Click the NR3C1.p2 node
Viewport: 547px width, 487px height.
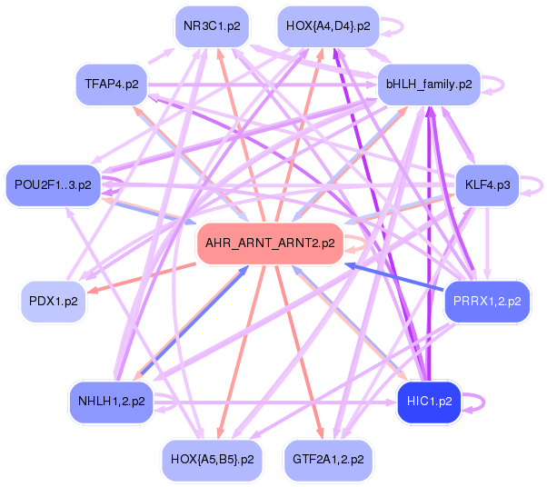pos(212,25)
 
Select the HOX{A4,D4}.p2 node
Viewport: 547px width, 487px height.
pos(327,25)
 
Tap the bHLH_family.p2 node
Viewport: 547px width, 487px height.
pos(429,84)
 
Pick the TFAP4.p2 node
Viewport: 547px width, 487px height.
pos(112,84)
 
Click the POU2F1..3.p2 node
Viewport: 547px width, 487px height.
pos(53,185)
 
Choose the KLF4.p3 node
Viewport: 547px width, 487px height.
pos(487,185)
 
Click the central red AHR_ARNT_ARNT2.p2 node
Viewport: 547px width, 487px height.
pos(270,243)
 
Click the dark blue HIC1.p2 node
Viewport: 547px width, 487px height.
pos(430,400)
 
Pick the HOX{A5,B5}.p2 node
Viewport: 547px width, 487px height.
pos(212,459)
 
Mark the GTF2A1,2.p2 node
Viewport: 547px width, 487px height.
pos(328,459)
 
